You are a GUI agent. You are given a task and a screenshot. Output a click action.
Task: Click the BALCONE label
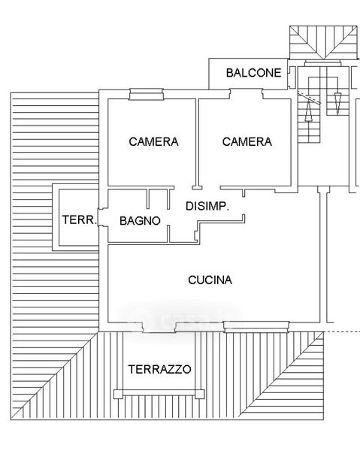click(x=253, y=73)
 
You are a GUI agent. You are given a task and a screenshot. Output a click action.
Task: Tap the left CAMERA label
click(x=153, y=141)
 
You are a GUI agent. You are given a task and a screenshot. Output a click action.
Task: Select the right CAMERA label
click(x=247, y=141)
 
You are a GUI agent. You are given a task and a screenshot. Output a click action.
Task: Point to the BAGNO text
click(x=140, y=220)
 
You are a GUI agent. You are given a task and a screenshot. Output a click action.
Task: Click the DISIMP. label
click(x=207, y=206)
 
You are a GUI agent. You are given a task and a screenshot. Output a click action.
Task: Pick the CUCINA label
click(x=210, y=280)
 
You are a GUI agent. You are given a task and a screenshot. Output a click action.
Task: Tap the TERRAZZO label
click(x=159, y=369)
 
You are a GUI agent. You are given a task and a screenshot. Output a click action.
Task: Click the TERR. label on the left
click(x=80, y=220)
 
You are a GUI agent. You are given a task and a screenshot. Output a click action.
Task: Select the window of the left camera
click(x=147, y=95)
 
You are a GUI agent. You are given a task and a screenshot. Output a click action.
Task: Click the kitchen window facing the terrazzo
click(x=256, y=327)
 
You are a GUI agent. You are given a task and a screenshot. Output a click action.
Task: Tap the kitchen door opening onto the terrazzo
click(x=159, y=327)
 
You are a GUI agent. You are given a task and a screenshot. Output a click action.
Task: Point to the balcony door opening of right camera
click(x=246, y=94)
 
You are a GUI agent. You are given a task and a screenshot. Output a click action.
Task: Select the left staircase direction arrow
click(x=309, y=110)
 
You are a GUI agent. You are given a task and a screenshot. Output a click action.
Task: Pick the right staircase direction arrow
click(x=337, y=104)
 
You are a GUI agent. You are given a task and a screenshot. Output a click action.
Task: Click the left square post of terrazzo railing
click(x=118, y=394)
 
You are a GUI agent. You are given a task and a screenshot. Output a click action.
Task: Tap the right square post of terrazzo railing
click(x=200, y=394)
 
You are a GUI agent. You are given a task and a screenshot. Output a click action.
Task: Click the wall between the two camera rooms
click(x=197, y=143)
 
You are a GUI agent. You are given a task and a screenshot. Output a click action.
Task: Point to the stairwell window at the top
click(x=322, y=63)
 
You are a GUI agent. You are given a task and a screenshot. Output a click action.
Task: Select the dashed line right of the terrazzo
click(x=342, y=332)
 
